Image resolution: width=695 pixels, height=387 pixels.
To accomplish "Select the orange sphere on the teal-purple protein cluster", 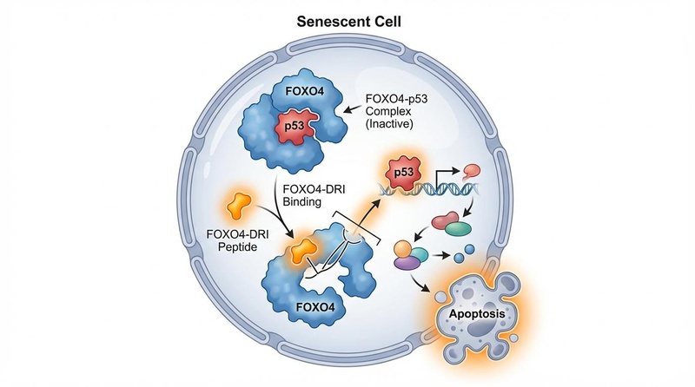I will pyautogui.click(x=403, y=251).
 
